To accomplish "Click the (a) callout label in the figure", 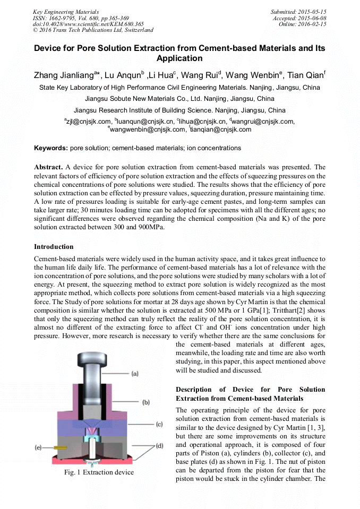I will (x=135, y=374).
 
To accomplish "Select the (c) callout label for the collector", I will (x=159, y=424).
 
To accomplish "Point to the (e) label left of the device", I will (x=38, y=447).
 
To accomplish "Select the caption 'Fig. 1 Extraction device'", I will (x=99, y=472).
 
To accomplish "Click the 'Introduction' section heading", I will (x=54, y=247).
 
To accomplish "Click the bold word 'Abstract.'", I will (x=49, y=167).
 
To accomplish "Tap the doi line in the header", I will (x=88, y=24).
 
